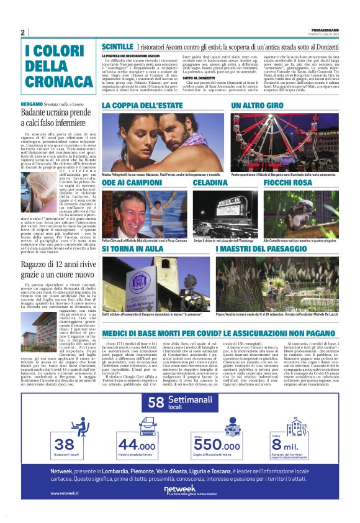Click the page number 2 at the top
22,33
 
